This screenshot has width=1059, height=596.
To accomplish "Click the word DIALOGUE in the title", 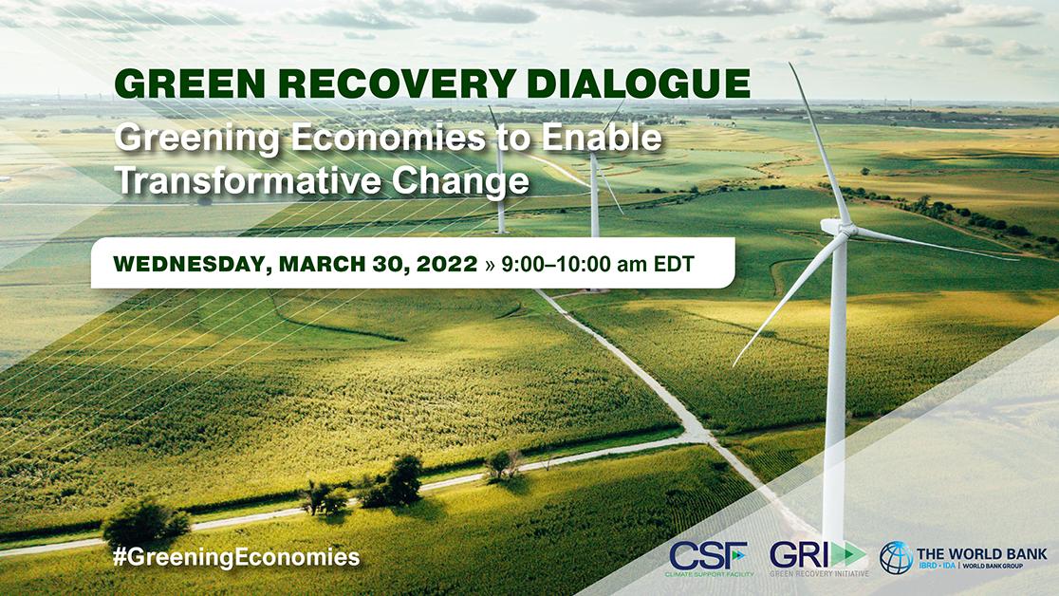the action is click(x=639, y=84).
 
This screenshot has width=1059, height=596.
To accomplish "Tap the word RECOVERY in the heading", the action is click(x=398, y=84).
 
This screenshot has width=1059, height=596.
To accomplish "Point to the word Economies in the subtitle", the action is click(x=389, y=138).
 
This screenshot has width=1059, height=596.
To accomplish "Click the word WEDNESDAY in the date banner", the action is click(x=193, y=264).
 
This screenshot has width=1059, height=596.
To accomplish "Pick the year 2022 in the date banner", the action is click(x=446, y=264).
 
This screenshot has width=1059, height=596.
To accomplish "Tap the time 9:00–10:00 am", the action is click(x=574, y=264).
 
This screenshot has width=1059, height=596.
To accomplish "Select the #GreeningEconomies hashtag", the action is click(x=236, y=557).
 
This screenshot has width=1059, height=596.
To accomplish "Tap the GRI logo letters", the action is click(x=799, y=555).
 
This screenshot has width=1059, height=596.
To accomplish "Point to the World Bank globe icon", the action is click(x=896, y=557).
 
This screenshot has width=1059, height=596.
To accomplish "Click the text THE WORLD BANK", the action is click(x=982, y=554).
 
